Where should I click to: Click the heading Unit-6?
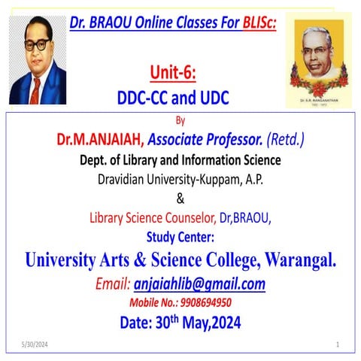point(180,73)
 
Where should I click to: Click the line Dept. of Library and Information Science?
point(180,159)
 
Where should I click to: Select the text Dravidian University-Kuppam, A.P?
point(180,179)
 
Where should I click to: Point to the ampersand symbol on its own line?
point(180,199)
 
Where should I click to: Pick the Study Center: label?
point(180,238)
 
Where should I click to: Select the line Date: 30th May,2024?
point(180,323)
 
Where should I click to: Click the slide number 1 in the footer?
point(338,344)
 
